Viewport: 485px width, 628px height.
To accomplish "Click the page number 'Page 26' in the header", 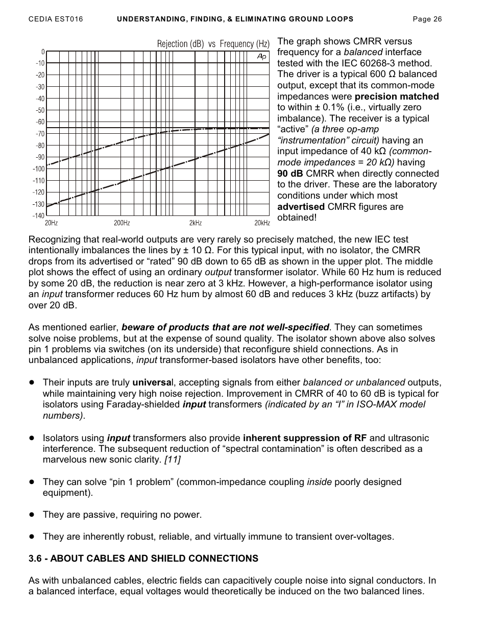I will point(427,19).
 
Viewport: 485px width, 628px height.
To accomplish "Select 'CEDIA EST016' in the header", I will point(56,19).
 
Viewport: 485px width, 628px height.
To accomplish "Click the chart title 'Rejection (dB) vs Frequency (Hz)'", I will point(213,44).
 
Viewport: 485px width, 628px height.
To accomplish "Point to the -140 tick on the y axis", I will point(39,216).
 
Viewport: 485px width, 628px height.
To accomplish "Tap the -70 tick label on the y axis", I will point(40,134).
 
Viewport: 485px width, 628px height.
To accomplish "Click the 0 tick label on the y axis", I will point(43,52).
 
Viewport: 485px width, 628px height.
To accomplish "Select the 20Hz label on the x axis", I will point(51,223).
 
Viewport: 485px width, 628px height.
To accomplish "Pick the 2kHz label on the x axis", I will point(196,223).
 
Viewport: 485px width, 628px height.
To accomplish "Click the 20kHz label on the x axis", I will point(262,223).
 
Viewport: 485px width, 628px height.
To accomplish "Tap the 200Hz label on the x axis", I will point(122,223).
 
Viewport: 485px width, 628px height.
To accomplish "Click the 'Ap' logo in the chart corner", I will point(261,56).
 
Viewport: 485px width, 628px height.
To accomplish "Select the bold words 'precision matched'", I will point(397,96).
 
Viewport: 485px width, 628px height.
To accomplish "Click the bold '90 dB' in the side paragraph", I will point(290,174).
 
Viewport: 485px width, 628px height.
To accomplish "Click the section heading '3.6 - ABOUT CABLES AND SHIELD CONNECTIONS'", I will point(143,559).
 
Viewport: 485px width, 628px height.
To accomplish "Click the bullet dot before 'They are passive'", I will point(32,515).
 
